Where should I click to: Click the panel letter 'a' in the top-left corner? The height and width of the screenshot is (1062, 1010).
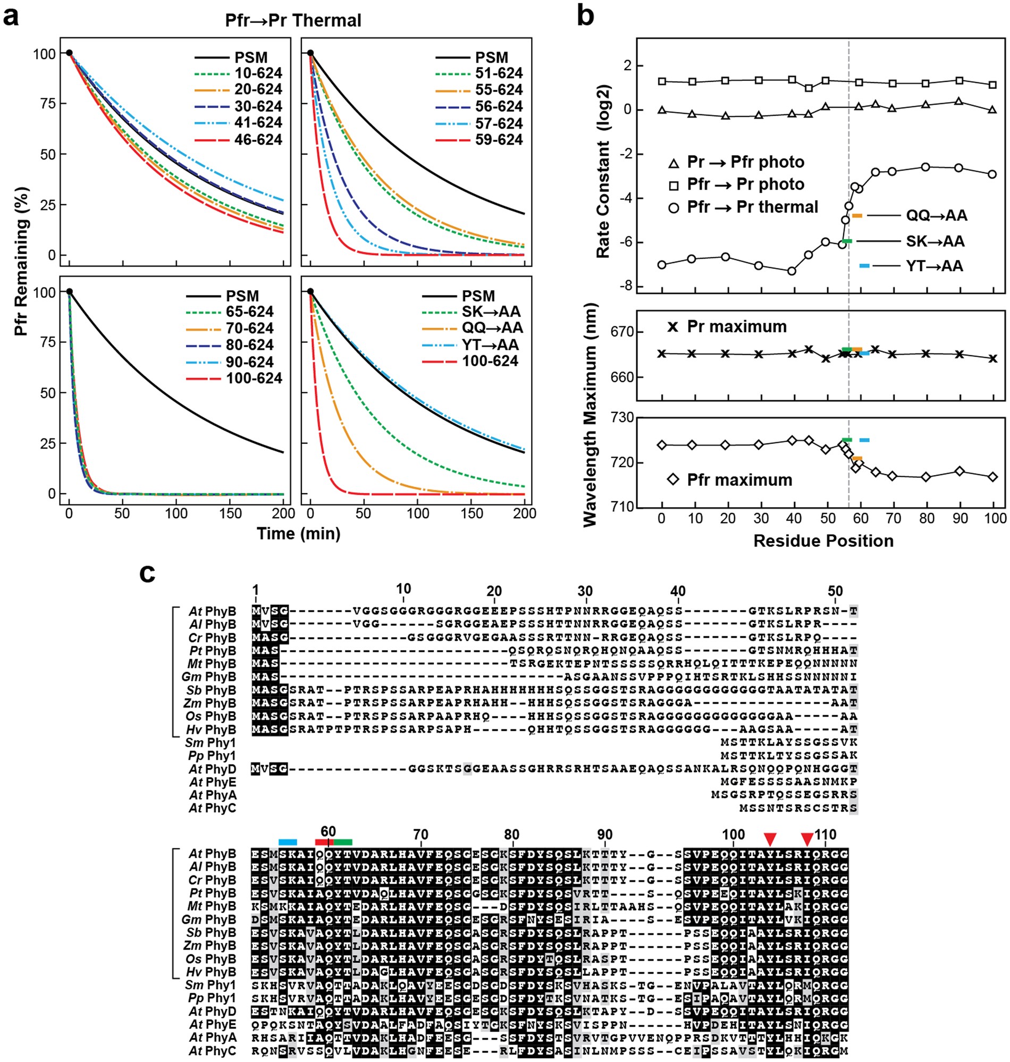[x=11, y=17]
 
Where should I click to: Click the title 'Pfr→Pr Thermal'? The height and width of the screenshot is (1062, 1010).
[x=293, y=20]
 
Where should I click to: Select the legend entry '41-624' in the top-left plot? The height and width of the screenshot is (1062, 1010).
[x=258, y=123]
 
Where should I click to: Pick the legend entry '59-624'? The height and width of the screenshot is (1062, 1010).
[x=499, y=140]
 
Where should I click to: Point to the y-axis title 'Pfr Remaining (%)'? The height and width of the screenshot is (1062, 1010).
[x=20, y=262]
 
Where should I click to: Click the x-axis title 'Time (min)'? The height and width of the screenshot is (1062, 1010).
[x=298, y=534]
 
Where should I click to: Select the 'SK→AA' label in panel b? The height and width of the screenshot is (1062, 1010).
[x=935, y=241]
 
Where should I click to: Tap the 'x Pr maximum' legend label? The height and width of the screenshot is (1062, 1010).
[x=727, y=327]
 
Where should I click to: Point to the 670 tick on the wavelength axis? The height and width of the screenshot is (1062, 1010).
[x=622, y=332]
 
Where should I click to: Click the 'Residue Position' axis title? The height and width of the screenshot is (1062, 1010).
[x=823, y=541]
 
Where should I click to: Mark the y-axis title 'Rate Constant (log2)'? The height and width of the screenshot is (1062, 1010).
[x=603, y=171]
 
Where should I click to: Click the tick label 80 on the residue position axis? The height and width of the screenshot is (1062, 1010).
[x=927, y=518]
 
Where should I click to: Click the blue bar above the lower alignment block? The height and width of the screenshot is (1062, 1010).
[x=288, y=842]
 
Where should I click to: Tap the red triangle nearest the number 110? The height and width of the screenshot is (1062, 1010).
[x=806, y=839]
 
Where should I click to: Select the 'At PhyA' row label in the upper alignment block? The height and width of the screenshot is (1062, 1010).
[x=213, y=795]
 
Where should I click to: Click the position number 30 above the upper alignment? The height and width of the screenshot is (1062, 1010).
[x=585, y=591]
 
